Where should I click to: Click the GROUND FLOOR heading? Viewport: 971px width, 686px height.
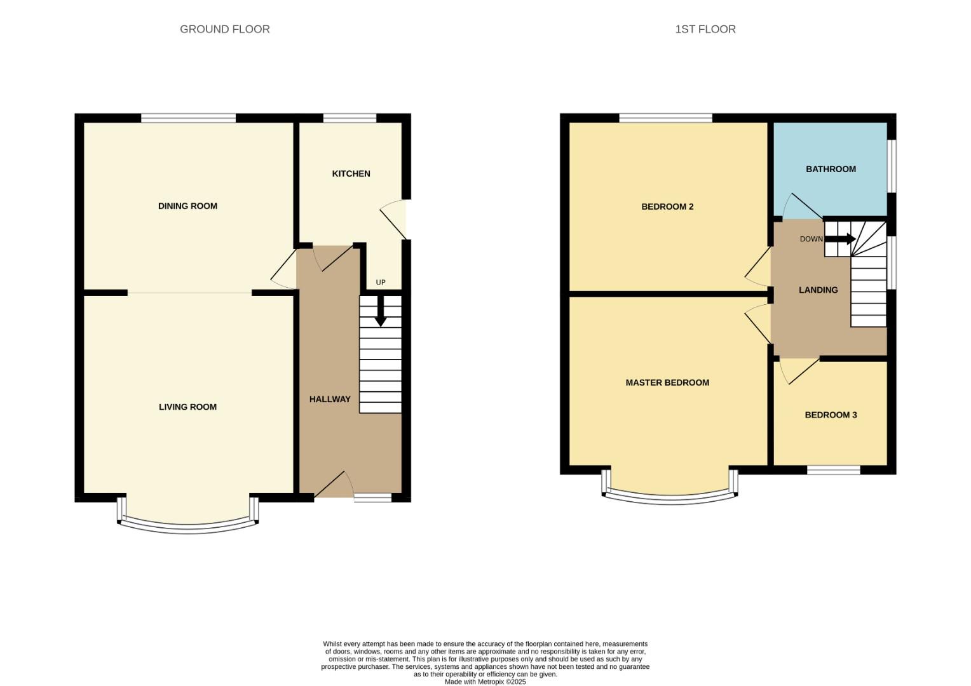pos(224,29)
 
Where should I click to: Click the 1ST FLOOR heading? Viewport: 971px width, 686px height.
pos(705,29)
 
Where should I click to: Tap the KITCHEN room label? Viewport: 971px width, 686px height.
pos(351,173)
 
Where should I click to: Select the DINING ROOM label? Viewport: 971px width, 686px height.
pos(187,206)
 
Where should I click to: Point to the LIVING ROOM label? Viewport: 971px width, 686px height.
pos(187,407)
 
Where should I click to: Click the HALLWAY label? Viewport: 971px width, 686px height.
pos(330,399)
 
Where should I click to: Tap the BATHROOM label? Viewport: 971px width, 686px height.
pos(831,169)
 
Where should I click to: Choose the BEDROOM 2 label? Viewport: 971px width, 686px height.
pos(667,206)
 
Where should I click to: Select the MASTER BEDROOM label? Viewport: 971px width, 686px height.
pos(667,382)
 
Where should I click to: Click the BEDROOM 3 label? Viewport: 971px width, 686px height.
pos(831,415)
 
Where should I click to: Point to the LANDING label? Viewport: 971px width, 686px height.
pos(818,290)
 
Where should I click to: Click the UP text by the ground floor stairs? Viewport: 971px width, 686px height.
pos(381,283)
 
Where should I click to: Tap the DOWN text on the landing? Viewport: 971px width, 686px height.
pos(811,239)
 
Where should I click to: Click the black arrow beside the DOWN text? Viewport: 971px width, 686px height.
pos(840,239)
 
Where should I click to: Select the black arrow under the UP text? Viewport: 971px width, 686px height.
pos(380,313)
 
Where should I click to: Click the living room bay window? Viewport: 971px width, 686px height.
pos(188,527)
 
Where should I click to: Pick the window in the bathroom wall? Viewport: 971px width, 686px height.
pos(892,165)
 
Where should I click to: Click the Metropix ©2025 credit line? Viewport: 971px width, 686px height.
pos(485,682)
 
